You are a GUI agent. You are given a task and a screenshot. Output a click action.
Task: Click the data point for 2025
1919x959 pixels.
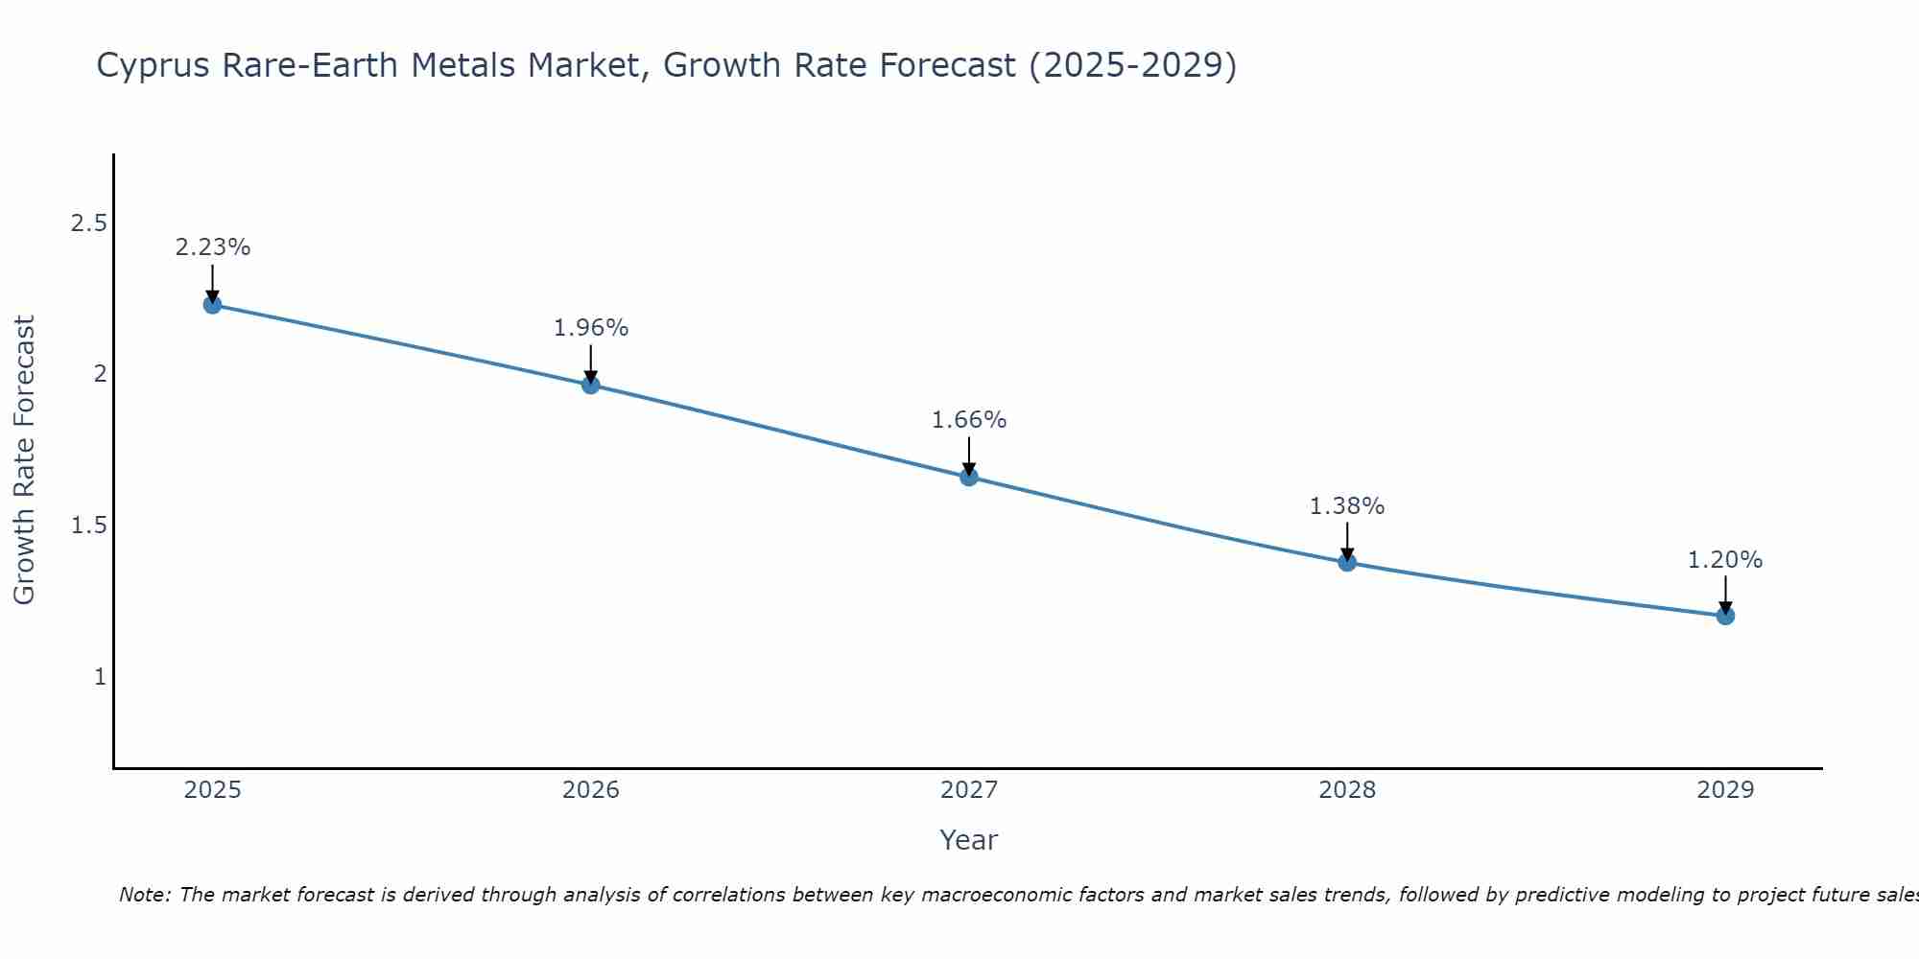(x=213, y=305)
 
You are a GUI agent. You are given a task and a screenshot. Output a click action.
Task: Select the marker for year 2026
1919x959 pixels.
(x=591, y=386)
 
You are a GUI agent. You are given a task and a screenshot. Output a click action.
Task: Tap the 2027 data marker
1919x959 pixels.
(x=969, y=477)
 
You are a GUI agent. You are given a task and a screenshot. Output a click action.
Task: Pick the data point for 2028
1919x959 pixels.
(x=1347, y=562)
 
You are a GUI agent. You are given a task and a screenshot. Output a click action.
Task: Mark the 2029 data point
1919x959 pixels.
(x=1725, y=616)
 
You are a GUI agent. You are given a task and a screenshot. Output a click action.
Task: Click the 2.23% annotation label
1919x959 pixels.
(x=213, y=247)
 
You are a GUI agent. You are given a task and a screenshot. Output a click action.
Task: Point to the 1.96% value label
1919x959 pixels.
(x=591, y=328)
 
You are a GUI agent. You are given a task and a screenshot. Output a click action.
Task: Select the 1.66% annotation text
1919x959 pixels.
(x=969, y=420)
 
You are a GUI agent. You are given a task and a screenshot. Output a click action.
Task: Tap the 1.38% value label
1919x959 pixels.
(x=1347, y=506)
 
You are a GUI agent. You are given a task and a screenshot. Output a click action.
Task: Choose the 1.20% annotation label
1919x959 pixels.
(x=1725, y=560)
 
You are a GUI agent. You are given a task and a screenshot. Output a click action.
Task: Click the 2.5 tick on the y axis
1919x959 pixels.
(x=88, y=223)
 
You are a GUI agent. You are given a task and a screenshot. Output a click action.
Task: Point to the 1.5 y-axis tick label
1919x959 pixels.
(x=88, y=526)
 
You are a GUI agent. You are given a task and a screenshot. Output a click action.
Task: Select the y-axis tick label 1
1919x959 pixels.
(x=100, y=677)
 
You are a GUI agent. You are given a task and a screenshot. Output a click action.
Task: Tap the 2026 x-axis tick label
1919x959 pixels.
(x=591, y=790)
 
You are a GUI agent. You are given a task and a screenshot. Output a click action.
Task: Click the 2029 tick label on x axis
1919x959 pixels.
(x=1725, y=790)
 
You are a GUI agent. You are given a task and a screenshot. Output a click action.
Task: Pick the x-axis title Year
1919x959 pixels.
(x=969, y=840)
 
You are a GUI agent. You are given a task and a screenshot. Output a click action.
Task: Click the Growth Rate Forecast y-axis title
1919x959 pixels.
(x=25, y=460)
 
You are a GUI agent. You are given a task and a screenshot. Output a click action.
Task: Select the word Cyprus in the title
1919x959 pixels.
(x=153, y=66)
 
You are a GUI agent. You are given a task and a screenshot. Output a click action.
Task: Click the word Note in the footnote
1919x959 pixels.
(x=144, y=895)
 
